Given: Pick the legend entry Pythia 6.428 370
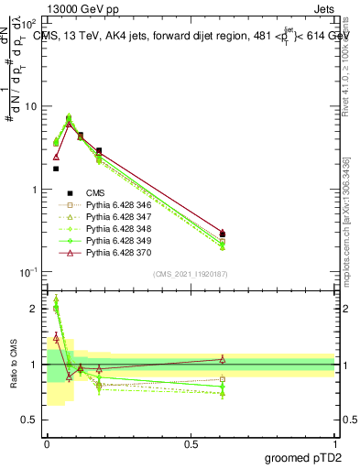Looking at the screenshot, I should pos(118,250).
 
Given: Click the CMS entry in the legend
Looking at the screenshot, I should pos(96,192).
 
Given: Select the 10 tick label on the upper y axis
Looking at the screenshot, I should pos(30,106).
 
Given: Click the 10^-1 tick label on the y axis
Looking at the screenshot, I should pos(27,272).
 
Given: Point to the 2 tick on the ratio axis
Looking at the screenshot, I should pos(34,309).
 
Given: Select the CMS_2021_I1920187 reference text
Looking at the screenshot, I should pos(190,274).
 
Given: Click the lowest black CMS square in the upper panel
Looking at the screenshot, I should pos(56,169).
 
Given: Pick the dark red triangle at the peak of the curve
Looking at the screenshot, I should pos(69,124).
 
